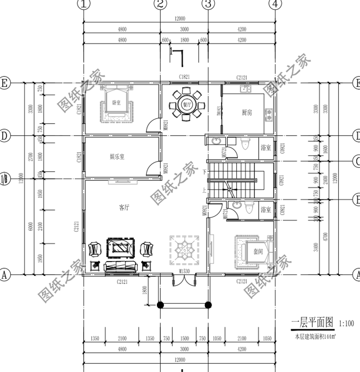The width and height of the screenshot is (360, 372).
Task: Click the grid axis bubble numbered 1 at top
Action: pos(84,4)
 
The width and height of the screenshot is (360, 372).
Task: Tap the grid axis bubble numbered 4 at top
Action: pos(275,4)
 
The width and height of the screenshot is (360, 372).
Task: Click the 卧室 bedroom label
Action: pos(116,102)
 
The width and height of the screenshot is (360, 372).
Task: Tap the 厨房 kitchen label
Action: pos(247,112)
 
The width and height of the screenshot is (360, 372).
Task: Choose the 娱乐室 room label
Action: pos(117,157)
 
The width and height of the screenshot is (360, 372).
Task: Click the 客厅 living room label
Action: pos(124,208)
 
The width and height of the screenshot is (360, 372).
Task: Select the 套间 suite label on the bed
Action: pos(258,251)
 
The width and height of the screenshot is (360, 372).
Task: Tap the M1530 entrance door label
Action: pos(184,272)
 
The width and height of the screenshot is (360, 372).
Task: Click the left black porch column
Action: pos(160,304)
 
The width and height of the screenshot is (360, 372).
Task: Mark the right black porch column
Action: pos(208,304)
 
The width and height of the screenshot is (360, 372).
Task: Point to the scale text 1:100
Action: pos(347,323)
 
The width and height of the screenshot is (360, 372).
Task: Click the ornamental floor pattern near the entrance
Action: pos(184,250)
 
